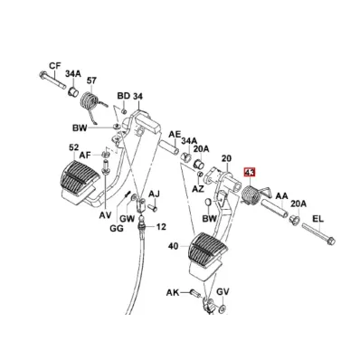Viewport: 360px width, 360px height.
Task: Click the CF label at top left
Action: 55,66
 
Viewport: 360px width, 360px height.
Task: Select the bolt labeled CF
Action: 52,80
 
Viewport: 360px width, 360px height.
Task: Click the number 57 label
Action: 91,81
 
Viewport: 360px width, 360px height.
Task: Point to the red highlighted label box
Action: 250,173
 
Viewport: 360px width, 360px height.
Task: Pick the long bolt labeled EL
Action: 318,233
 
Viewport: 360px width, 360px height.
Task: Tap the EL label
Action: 317,218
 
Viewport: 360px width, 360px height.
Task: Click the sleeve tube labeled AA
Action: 275,208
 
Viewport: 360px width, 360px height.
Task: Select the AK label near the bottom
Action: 173,292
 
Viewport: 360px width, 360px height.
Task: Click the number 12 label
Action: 161,226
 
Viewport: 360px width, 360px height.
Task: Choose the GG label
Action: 117,229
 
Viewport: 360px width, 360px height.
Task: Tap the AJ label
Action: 154,194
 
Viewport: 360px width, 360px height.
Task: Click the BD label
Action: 124,96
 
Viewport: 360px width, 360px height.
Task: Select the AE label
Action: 175,135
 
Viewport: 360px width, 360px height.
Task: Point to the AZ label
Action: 198,189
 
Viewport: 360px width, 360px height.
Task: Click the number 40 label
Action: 173,246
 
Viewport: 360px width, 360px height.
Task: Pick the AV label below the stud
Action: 106,215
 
